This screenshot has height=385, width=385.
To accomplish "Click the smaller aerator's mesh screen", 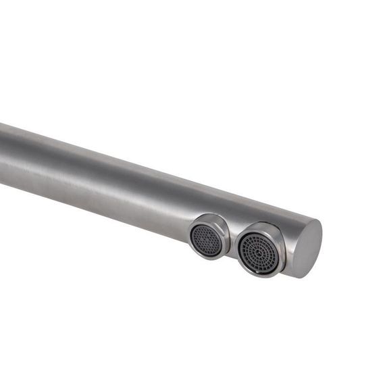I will click(x=206, y=239).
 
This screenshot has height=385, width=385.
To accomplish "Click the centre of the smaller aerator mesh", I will click(x=206, y=240).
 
